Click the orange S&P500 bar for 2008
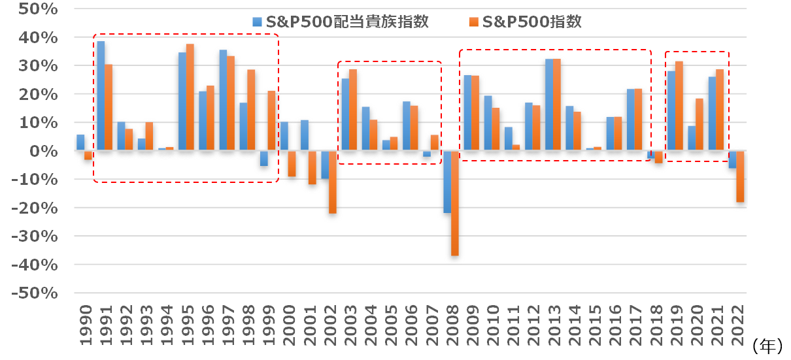(x=455, y=203)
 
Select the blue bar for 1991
(x=101, y=96)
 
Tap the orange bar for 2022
(x=740, y=176)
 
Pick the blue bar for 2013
(x=549, y=105)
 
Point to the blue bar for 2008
(x=447, y=182)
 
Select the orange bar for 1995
(x=190, y=97)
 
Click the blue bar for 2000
(x=284, y=137)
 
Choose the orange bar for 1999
(x=271, y=121)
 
